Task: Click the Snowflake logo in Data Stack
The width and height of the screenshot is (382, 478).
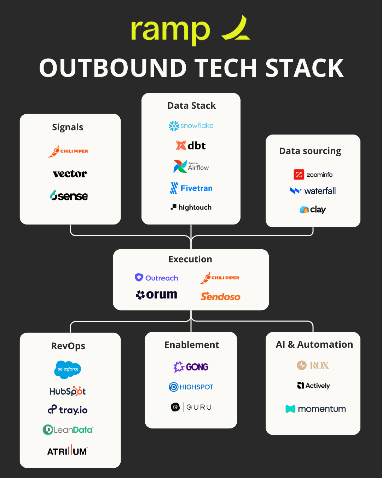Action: [x=191, y=126]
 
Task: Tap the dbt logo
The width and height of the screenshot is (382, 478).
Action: [x=191, y=146]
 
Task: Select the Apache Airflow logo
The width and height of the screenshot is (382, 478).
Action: [x=191, y=166]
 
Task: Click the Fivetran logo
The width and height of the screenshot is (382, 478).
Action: [x=191, y=188]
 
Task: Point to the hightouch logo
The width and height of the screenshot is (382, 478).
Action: [x=191, y=207]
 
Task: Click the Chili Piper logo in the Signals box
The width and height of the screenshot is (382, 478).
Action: [x=68, y=151]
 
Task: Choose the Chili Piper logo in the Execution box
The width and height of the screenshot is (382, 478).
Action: [x=219, y=278]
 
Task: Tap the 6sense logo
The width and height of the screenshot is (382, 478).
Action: [x=69, y=195]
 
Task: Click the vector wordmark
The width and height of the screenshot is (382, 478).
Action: [x=70, y=174]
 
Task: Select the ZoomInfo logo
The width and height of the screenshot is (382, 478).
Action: [x=313, y=175]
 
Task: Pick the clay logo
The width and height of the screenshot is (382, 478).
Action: [x=313, y=210]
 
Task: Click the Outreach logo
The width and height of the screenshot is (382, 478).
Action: [x=156, y=278]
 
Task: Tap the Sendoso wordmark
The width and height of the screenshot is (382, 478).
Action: [x=220, y=297]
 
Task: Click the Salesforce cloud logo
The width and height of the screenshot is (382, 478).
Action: [x=68, y=369]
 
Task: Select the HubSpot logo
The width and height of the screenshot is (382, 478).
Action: [x=68, y=391]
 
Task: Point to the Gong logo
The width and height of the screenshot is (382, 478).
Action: [x=191, y=367]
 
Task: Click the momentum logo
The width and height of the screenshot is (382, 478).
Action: [x=316, y=409]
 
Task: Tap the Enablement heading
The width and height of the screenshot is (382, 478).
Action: [x=192, y=345]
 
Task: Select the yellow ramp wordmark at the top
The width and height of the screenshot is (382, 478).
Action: [x=170, y=30]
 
